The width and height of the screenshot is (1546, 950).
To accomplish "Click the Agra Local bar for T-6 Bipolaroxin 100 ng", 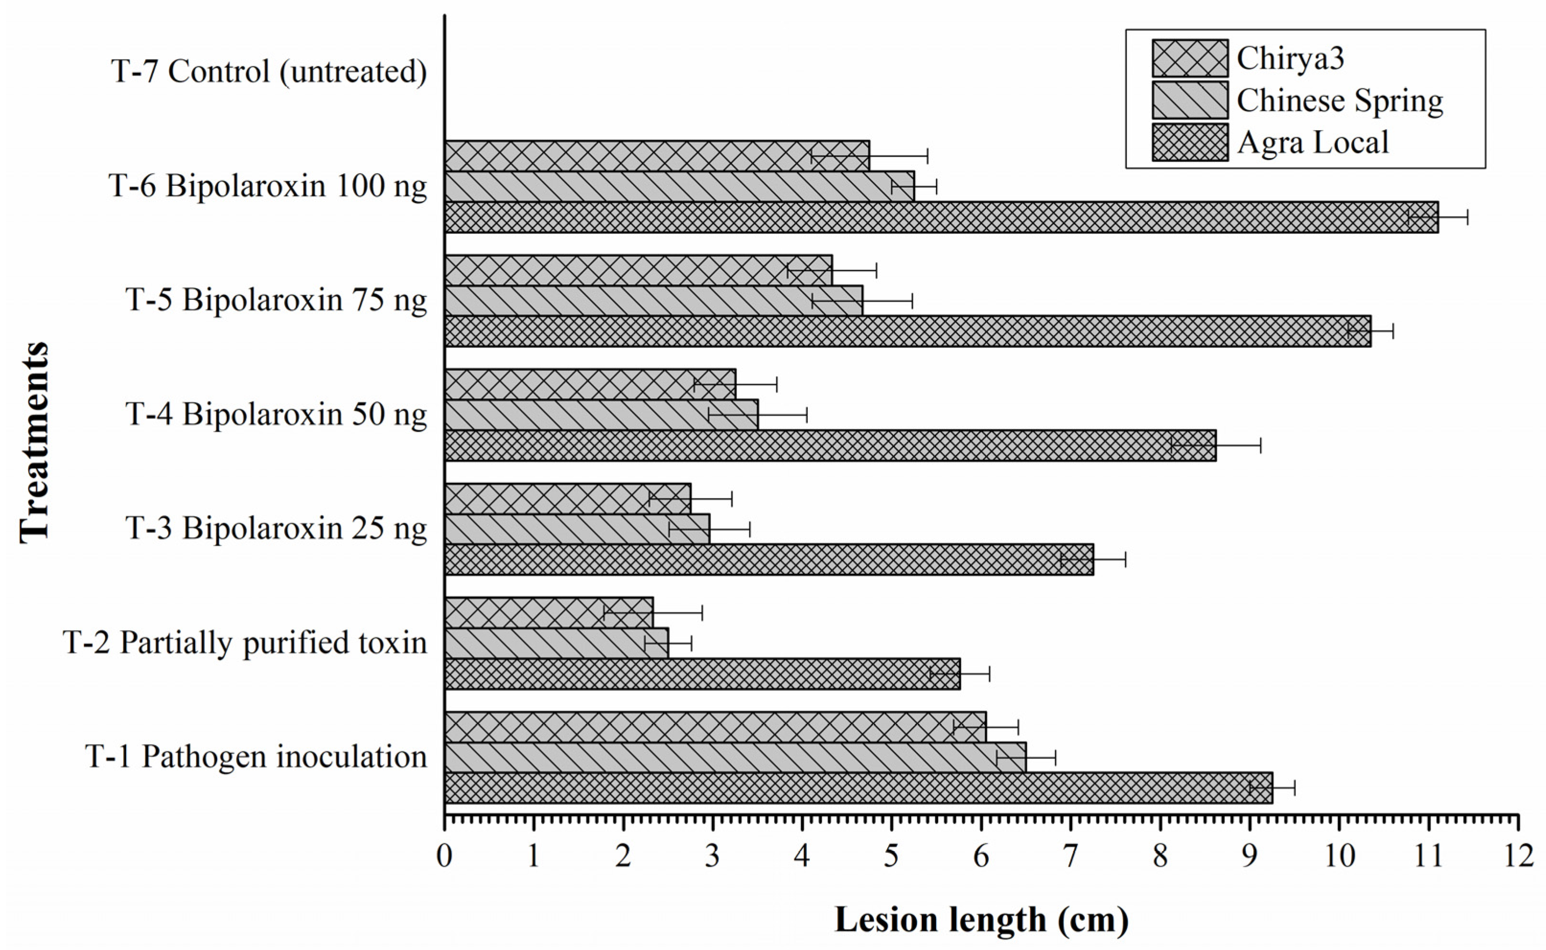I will click(x=941, y=217).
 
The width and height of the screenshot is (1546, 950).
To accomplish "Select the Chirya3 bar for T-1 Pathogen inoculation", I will click(x=715, y=727).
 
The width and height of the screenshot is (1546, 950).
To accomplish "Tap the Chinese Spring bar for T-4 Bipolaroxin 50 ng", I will click(x=601, y=415).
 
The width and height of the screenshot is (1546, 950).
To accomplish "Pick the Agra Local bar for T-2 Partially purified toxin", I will click(x=702, y=674).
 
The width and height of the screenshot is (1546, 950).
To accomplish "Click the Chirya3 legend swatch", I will click(x=1189, y=58).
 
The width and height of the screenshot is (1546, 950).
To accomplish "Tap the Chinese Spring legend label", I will click(x=1340, y=101).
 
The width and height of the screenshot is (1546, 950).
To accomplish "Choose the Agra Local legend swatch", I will click(x=1189, y=143).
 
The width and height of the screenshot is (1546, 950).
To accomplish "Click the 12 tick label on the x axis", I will click(x=1518, y=856).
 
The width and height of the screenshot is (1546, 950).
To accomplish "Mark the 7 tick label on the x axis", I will click(x=1070, y=856).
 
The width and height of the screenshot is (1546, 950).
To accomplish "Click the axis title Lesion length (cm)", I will click(x=982, y=920).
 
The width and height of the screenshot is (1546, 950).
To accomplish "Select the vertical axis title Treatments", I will click(x=34, y=441).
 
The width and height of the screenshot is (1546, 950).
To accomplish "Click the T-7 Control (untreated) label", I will click(x=269, y=71).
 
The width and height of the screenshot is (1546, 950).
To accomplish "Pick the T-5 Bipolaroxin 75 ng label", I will click(x=276, y=300).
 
